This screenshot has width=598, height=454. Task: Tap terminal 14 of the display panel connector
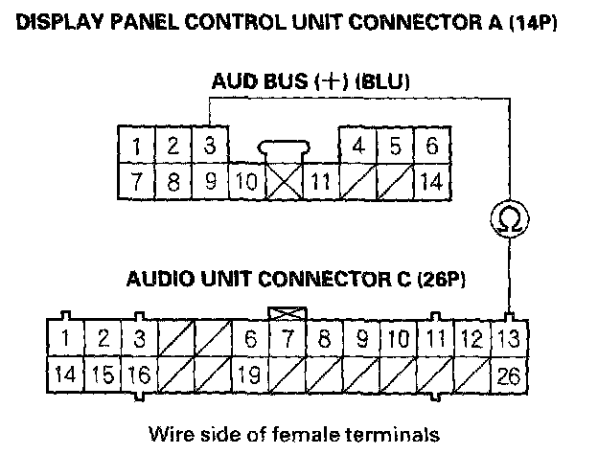click(431, 179)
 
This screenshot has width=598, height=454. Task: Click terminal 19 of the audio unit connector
click(250, 374)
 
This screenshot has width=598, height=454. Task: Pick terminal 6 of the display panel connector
click(431, 147)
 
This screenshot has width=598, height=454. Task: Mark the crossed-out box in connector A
click(283, 179)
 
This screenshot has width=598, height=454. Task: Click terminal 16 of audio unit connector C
click(140, 374)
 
